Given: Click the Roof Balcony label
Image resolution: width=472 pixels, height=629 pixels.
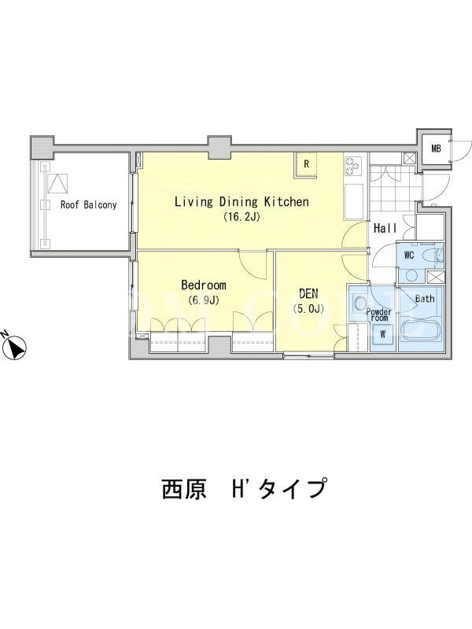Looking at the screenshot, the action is click(89, 205).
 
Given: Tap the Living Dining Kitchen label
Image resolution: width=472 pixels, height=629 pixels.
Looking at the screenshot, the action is click(242, 201).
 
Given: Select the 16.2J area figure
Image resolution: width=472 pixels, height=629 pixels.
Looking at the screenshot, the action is click(242, 217).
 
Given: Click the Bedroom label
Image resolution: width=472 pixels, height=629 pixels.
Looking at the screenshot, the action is click(204, 285).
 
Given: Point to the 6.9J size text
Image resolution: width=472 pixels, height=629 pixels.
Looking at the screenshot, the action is click(204, 300).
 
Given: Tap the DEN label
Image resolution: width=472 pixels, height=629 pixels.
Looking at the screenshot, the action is click(308, 293).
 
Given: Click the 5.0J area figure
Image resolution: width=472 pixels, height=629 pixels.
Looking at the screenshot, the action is click(308, 309).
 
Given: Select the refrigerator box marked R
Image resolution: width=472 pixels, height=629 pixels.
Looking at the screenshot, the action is click(306, 164).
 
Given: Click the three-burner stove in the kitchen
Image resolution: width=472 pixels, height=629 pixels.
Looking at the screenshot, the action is click(353, 166).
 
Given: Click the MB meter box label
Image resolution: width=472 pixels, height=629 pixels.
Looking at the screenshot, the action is click(436, 149).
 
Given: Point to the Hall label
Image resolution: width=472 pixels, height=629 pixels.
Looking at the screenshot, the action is click(385, 229).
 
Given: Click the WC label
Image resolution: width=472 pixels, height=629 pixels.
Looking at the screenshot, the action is click(409, 255).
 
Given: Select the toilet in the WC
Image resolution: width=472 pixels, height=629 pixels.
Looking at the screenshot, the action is click(433, 257).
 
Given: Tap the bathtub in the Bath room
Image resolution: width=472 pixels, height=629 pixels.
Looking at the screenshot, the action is click(421, 329).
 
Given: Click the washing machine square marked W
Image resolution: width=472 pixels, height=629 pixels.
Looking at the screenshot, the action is click(382, 333).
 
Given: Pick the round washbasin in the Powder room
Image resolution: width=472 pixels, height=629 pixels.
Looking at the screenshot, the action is click(359, 303).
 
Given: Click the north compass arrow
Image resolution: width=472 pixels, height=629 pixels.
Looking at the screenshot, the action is click(15, 346).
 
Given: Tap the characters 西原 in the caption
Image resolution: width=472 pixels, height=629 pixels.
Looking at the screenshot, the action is click(184, 489).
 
